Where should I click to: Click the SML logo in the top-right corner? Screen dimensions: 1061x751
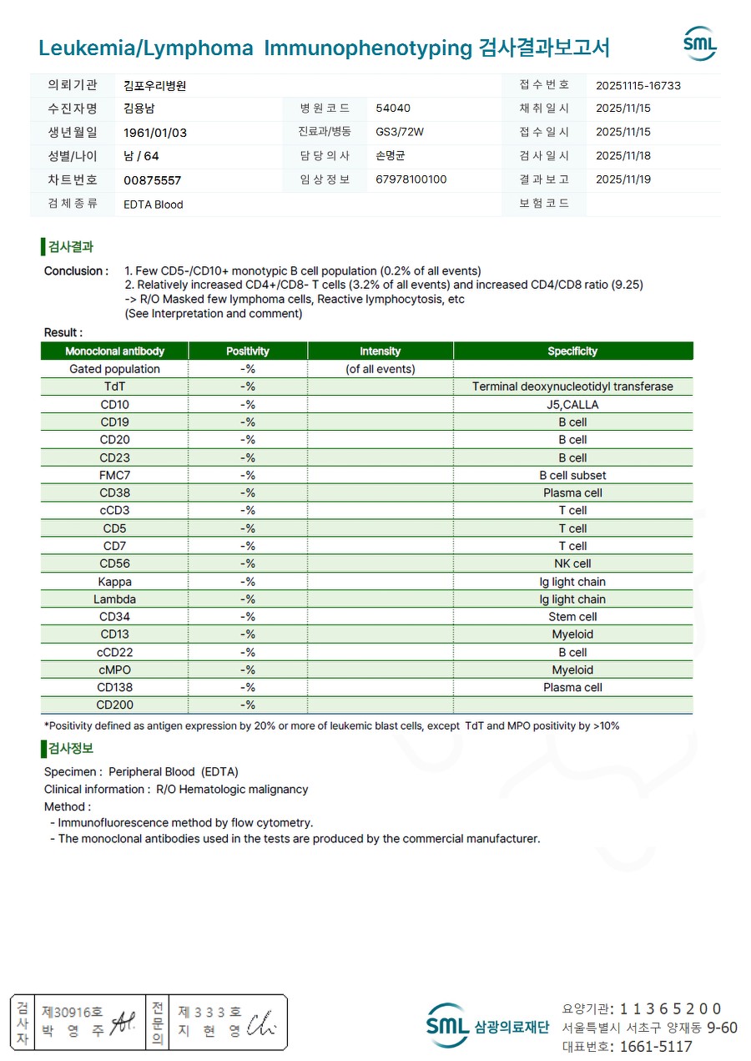click(x=699, y=43)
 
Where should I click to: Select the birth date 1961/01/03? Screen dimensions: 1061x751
click(x=155, y=133)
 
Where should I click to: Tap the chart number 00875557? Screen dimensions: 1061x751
click(x=152, y=180)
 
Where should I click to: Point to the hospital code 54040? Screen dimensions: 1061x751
click(x=393, y=109)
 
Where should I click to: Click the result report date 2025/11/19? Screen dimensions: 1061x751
click(x=623, y=179)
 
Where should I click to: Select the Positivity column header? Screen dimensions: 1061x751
click(x=248, y=351)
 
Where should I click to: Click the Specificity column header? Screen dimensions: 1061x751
click(x=572, y=351)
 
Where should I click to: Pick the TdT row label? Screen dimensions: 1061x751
click(x=114, y=387)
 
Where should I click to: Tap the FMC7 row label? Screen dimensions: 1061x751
click(x=114, y=475)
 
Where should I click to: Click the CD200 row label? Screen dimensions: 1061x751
click(x=114, y=705)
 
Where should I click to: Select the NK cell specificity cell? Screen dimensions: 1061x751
click(x=572, y=563)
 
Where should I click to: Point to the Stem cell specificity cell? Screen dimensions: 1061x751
click(x=572, y=617)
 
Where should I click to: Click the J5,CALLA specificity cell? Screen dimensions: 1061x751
click(x=572, y=405)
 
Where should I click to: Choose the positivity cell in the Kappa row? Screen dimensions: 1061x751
click(x=248, y=582)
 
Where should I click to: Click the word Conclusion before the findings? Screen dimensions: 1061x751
click(x=76, y=271)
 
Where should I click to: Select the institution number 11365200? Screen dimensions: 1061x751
click(x=670, y=1009)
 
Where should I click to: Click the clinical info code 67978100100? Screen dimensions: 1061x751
click(x=411, y=179)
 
